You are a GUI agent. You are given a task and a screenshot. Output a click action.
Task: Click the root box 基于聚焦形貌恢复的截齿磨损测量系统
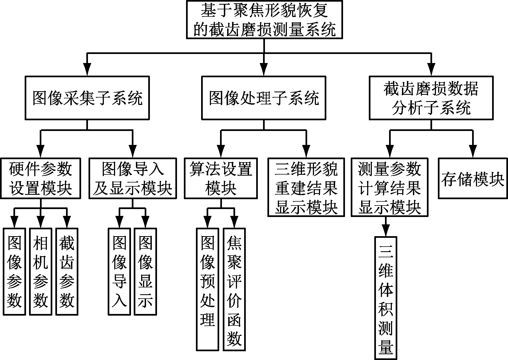(264, 19)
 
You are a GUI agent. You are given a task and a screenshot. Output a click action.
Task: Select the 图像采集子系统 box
(87, 98)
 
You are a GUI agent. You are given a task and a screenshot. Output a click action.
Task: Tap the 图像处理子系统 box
(264, 98)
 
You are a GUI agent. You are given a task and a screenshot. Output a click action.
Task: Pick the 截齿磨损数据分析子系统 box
(431, 98)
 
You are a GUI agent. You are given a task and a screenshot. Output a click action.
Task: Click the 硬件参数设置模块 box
(41, 178)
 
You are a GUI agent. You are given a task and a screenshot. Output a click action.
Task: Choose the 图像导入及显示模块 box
(133, 178)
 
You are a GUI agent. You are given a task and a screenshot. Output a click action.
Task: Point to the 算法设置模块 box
(221, 178)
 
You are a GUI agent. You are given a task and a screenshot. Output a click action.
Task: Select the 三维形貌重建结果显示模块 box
(306, 187)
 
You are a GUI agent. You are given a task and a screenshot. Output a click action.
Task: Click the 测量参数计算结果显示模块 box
(389, 187)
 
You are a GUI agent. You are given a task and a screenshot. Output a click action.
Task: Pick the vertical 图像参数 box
(14, 272)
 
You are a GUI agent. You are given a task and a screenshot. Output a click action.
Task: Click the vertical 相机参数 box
(41, 272)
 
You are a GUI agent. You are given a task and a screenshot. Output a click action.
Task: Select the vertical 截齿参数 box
(67, 272)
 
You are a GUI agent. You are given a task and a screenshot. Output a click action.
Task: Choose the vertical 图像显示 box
(145, 272)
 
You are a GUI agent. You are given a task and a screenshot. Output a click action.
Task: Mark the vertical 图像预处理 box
(207, 289)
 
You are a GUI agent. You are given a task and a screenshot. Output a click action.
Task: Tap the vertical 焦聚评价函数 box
(234, 289)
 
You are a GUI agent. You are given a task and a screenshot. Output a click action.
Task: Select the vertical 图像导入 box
(119, 272)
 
